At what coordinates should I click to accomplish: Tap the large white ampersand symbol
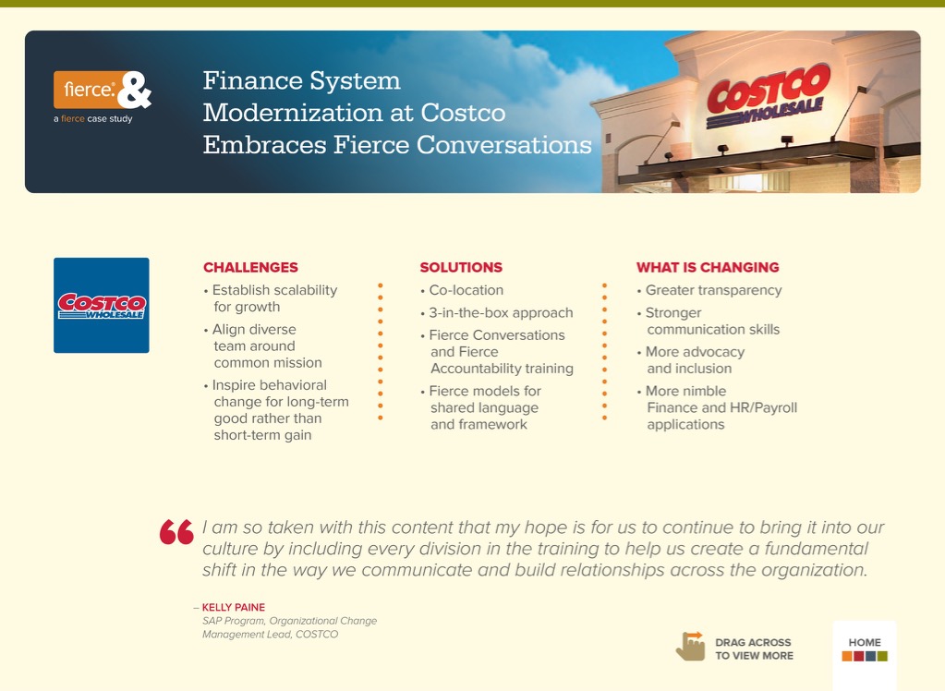(134, 90)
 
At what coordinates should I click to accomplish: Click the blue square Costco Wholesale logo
(102, 305)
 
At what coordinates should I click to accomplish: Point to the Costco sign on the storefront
(768, 96)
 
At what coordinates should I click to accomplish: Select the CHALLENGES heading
(250, 267)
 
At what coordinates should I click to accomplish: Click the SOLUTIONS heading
(461, 267)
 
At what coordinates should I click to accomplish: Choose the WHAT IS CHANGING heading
(708, 267)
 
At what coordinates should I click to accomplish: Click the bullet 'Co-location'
(462, 290)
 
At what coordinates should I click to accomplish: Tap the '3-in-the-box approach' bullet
(497, 312)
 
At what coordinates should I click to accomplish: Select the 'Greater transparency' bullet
(709, 290)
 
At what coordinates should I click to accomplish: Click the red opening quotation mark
(176, 532)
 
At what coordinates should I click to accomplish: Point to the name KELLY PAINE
(233, 607)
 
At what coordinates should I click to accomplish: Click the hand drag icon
(691, 647)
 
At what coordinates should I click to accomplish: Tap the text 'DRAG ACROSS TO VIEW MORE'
(754, 649)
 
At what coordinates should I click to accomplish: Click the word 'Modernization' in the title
(304, 113)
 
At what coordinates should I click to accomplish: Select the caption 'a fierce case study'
(92, 119)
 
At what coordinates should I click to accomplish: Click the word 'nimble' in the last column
(704, 391)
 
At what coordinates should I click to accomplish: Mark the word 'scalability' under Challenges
(306, 290)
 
